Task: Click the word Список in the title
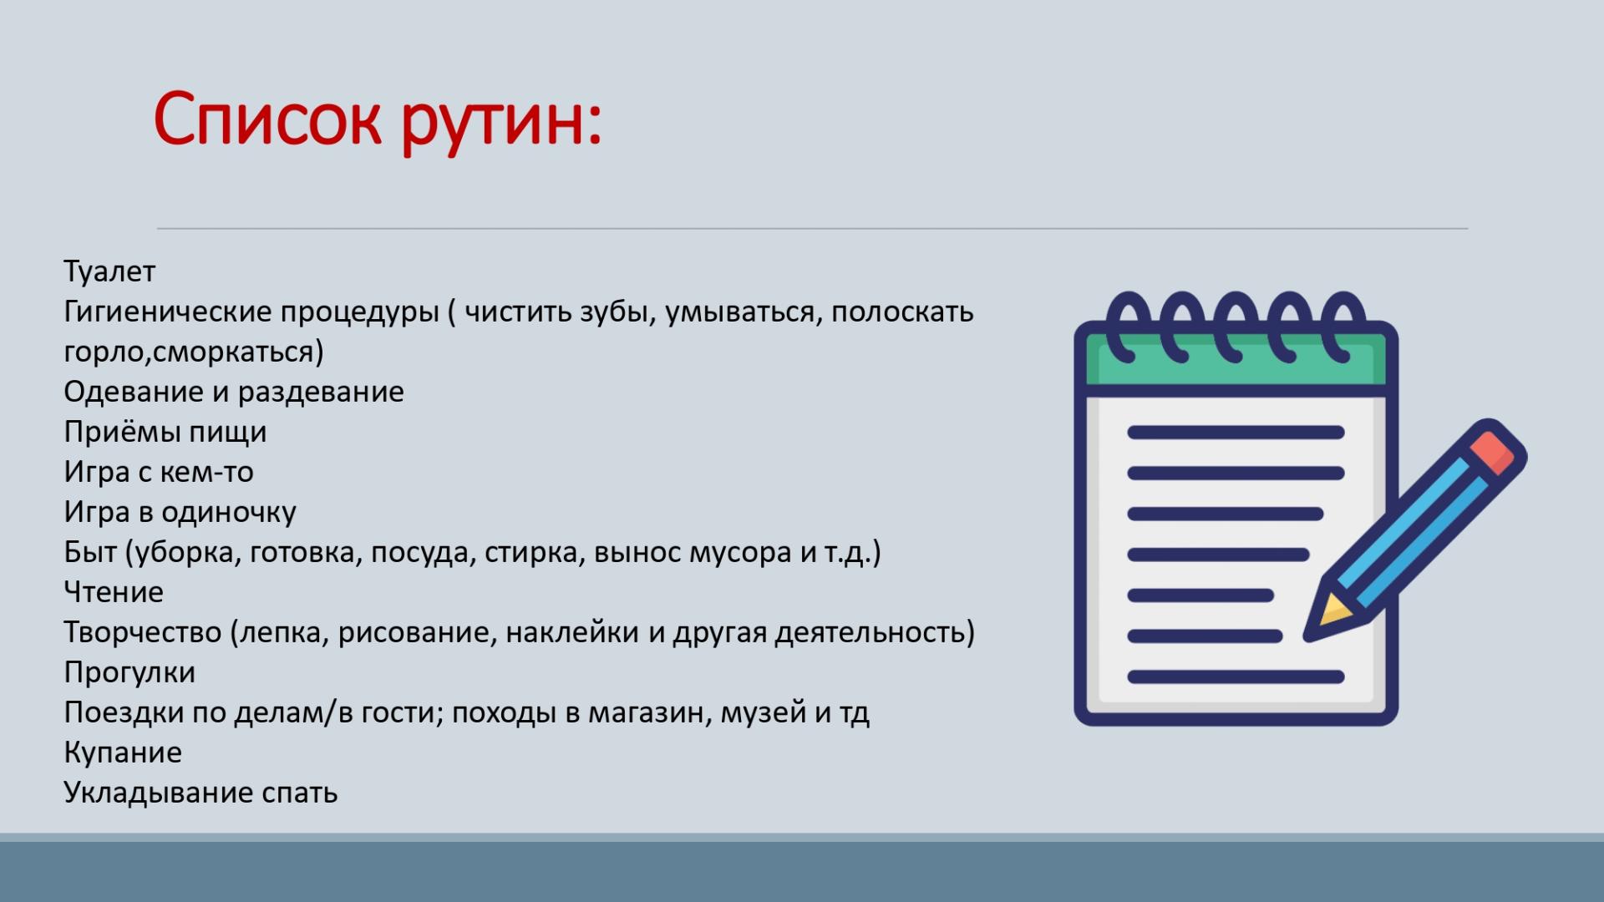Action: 267,119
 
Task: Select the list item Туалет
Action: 109,271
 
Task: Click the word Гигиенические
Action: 167,312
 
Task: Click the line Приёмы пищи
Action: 165,432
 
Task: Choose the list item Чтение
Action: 114,592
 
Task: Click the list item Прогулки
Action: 129,672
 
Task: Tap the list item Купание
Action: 123,753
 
